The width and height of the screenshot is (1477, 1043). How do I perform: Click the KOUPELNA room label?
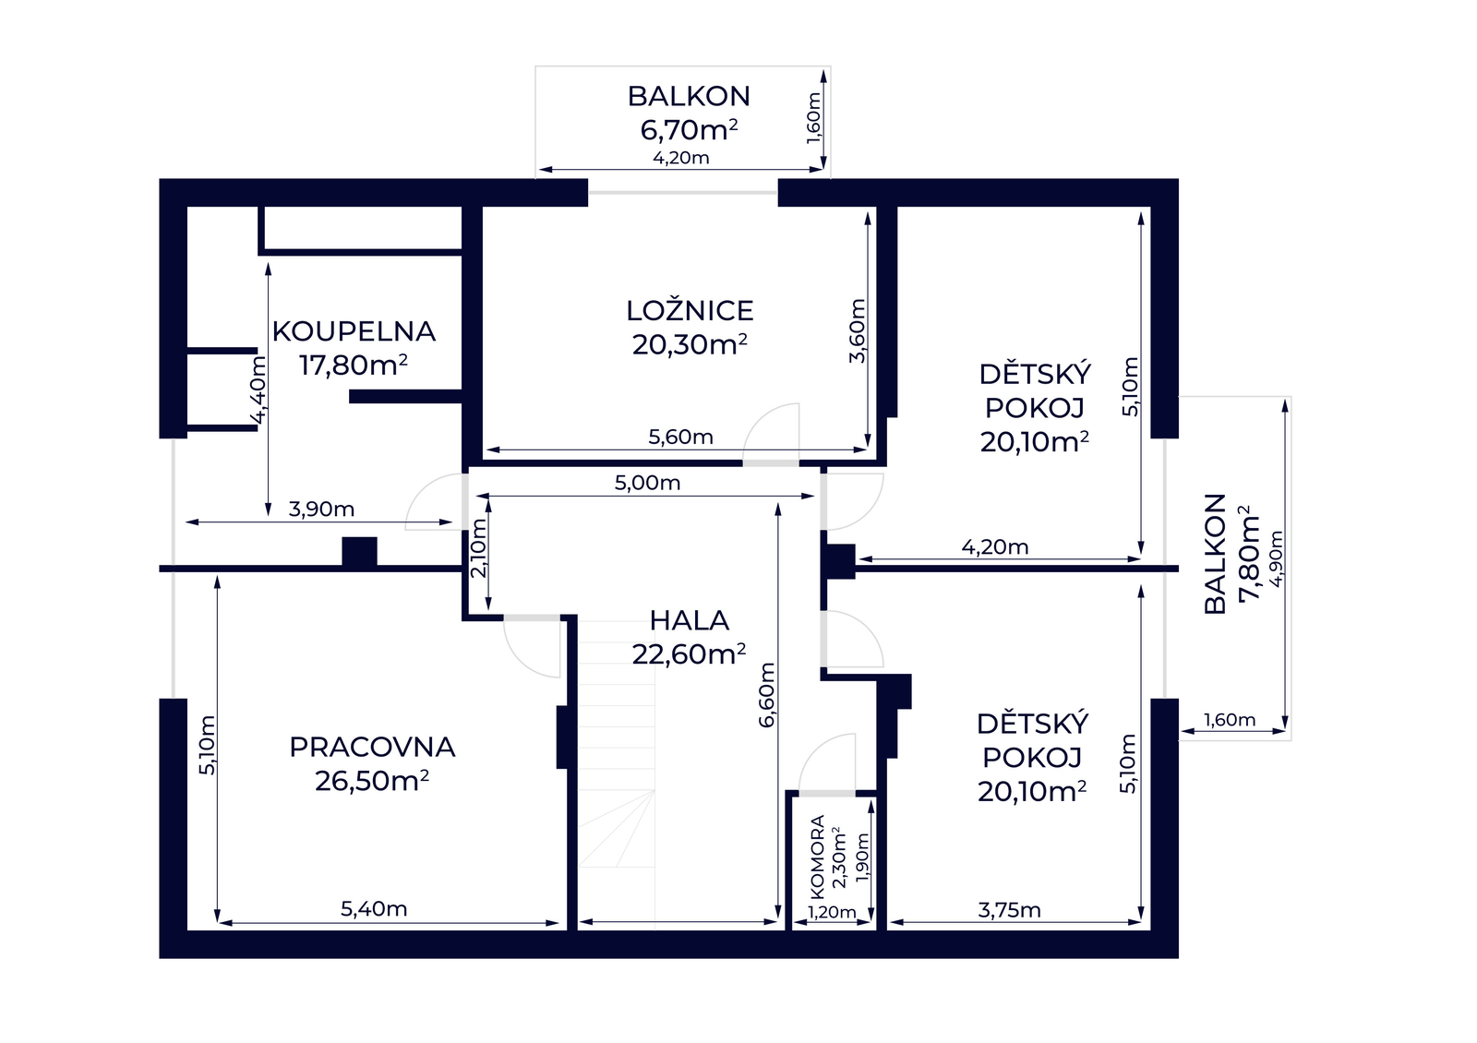pos(354,331)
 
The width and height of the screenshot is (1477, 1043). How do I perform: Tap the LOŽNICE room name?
pos(690,310)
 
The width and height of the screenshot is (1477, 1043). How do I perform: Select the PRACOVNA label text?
pos(372,747)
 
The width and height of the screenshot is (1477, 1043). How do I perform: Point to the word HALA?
pos(689,620)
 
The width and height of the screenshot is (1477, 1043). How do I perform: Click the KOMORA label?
pos(817,857)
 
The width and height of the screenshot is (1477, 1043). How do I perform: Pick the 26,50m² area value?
pos(372,781)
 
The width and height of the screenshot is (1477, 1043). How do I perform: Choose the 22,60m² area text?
pos(689,654)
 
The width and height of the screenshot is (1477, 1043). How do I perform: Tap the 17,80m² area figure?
pos(354,365)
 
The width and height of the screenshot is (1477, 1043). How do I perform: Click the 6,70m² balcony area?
pos(689,130)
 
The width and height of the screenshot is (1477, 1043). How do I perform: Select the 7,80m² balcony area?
pos(1248,554)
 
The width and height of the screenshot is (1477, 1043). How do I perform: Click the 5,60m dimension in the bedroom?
pos(680,438)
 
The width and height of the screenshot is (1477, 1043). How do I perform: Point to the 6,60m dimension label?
pos(767,695)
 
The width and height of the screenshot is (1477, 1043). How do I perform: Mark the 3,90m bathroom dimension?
pos(321,509)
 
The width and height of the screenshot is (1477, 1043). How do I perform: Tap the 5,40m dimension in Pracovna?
pos(374,909)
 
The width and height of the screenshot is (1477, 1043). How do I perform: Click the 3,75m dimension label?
pos(1010,910)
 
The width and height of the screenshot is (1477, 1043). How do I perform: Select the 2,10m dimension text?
pos(479,548)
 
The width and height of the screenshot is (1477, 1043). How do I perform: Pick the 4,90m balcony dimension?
pos(1278,559)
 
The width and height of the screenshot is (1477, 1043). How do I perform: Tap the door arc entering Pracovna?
pos(524,661)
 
